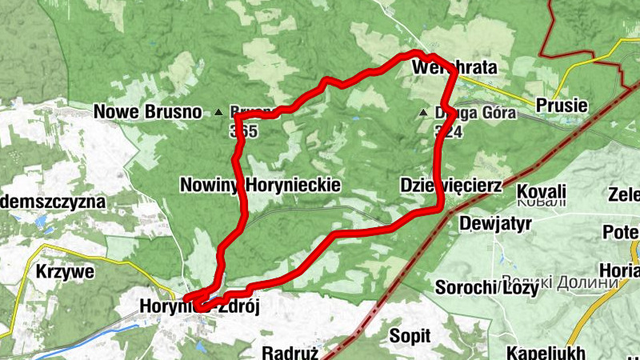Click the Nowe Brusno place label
[147, 112]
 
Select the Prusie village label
[562, 105]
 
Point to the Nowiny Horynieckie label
[261, 185]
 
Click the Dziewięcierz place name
[450, 186]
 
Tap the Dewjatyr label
[495, 225]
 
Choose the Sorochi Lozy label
[485, 287]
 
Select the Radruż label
[290, 352]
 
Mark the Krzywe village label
[65, 271]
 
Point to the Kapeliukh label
[546, 352]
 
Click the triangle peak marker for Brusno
[218, 113]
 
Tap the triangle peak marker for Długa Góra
[424, 114]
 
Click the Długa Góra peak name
[460, 113]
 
